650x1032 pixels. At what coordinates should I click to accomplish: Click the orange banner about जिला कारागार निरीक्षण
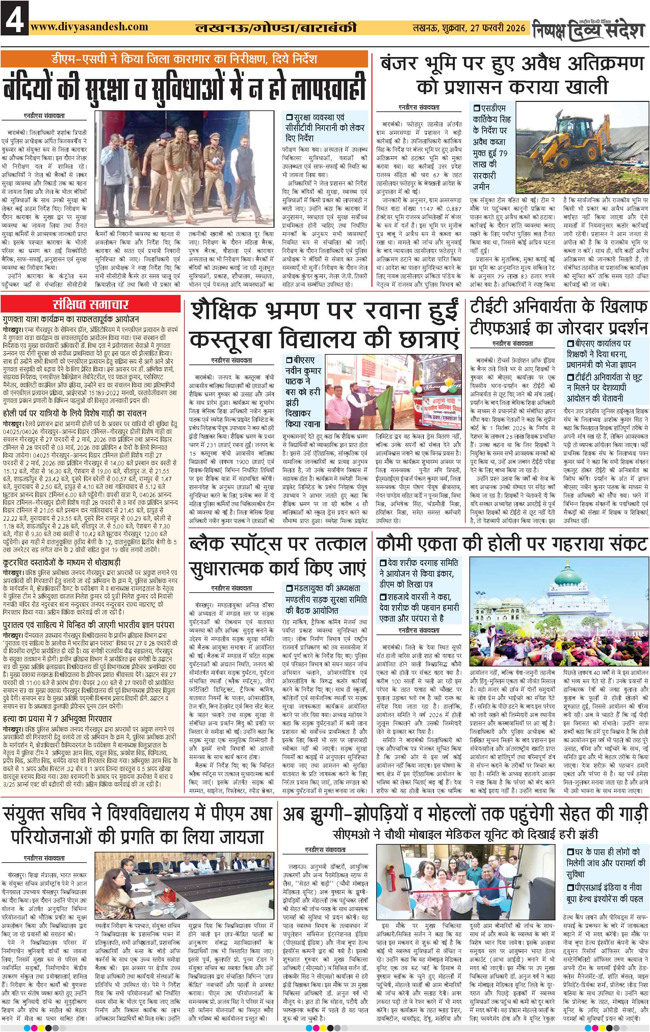pyautogui.click(x=184, y=58)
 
